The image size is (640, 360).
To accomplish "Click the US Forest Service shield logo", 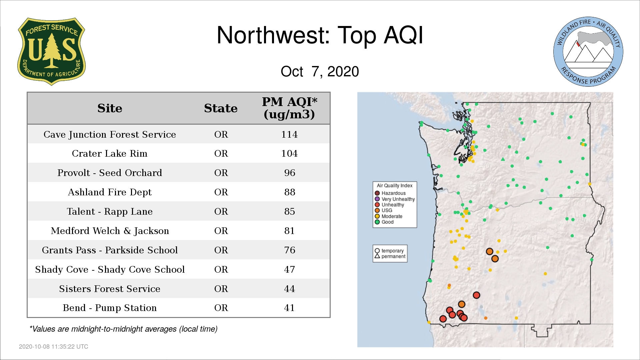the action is [x=51, y=52].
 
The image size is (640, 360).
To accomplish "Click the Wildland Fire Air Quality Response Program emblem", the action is [x=588, y=52].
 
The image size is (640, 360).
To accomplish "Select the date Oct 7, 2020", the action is [x=320, y=71].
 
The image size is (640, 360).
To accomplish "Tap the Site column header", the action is [x=110, y=108].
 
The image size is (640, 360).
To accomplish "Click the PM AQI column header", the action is [x=289, y=108].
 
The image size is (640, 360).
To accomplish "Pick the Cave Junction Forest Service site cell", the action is [x=110, y=134].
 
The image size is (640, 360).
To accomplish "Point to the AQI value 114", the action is [x=289, y=134].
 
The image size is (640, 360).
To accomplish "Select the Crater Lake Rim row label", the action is [x=110, y=153].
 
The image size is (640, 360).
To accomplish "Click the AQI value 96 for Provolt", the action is [x=290, y=173].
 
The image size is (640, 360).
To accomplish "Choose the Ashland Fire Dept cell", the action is [x=110, y=192].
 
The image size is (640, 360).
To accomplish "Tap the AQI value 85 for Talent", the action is [x=290, y=211].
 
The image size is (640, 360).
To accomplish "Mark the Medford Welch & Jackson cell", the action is [x=110, y=231].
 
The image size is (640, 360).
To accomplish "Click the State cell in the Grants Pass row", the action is [x=221, y=250].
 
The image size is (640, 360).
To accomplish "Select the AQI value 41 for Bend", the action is [x=289, y=308].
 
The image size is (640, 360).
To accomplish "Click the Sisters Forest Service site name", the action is [x=110, y=289].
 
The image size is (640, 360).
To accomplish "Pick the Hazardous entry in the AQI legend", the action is [x=390, y=193].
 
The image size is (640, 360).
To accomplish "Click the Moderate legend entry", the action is [x=389, y=216].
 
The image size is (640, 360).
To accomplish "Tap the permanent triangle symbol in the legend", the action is [x=377, y=256].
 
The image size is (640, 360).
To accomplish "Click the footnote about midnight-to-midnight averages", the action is [x=123, y=329].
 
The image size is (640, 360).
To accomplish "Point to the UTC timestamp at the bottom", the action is [x=54, y=347].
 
